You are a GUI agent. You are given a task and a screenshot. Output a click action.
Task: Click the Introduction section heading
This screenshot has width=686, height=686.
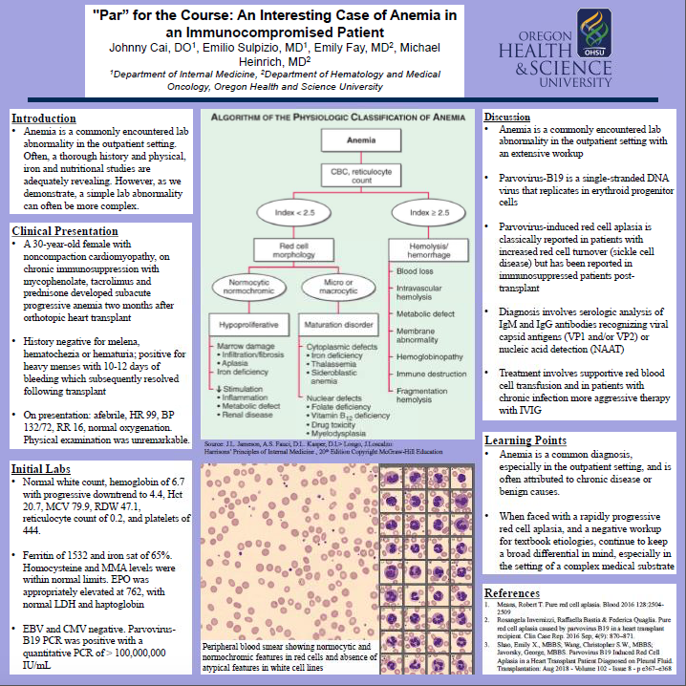pos(44,118)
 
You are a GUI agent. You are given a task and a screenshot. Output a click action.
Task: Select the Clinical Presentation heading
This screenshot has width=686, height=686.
pos(66,231)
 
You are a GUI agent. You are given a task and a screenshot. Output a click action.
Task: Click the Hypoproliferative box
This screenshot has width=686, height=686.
pos(245,324)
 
